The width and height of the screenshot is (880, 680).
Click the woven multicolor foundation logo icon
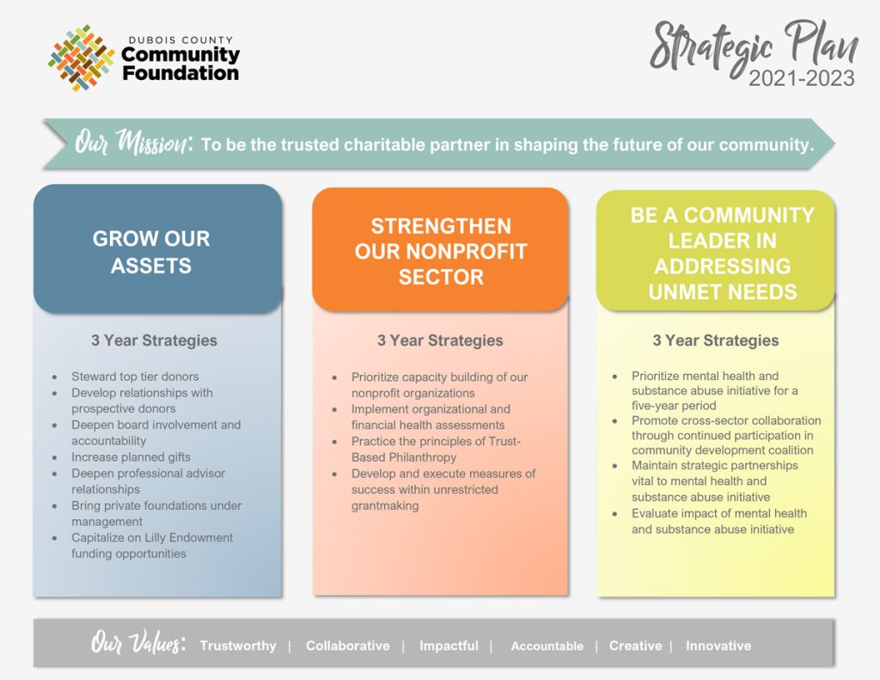[82, 58]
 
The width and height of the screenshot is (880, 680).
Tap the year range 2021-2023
[802, 78]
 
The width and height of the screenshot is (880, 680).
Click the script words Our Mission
[133, 142]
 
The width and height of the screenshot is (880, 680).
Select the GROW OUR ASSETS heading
[151, 252]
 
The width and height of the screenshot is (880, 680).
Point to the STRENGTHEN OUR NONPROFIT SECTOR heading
[441, 252]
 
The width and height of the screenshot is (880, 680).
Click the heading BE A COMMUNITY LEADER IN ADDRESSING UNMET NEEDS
[722, 254]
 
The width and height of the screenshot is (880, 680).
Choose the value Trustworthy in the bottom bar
[238, 646]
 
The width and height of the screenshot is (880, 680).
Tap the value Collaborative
[347, 646]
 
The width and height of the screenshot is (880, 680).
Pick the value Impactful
[449, 646]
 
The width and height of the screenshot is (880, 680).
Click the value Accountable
[547, 646]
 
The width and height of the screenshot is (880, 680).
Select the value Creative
[635, 646]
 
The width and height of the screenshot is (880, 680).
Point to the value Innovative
[718, 646]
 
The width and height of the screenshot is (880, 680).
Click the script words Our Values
[138, 643]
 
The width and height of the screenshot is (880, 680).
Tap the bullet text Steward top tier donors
[135, 377]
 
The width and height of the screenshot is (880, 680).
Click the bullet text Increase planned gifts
[131, 457]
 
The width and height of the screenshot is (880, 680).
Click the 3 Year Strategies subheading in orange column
[440, 340]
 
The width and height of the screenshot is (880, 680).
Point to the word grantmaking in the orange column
[385, 506]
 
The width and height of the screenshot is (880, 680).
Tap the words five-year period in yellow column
[674, 406]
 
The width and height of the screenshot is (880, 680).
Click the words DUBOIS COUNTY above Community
[180, 40]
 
